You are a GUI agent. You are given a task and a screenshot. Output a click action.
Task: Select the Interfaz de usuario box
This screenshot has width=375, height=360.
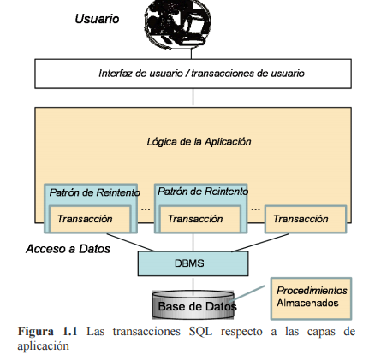[x=193, y=74]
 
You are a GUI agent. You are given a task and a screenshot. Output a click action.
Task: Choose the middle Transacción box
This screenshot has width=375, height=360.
[x=195, y=219]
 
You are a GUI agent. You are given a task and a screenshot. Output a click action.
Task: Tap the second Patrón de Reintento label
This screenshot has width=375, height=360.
[x=203, y=192]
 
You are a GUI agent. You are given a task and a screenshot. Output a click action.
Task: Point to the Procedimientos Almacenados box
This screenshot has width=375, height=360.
[x=312, y=297]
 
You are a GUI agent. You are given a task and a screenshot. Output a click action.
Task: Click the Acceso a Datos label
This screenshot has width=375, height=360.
[x=68, y=250]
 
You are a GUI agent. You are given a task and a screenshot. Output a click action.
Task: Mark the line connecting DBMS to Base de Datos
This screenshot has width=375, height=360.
[x=194, y=283]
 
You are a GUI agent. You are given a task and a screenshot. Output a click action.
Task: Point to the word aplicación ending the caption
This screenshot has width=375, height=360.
[x=43, y=345]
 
